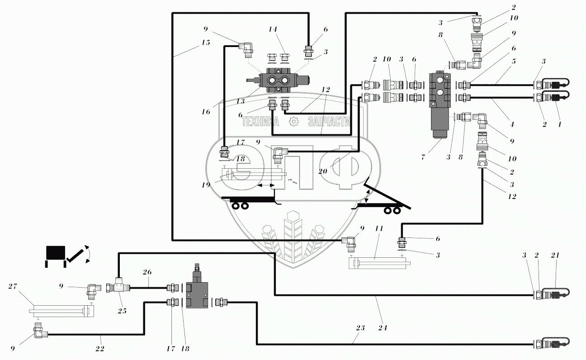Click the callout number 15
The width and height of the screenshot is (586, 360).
coord(206,43)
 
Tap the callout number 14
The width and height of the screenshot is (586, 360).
coord(273,29)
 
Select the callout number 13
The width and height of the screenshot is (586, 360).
coord(241,101)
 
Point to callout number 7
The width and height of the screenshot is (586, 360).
coord(423,157)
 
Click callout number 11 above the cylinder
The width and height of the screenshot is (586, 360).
coord(379,228)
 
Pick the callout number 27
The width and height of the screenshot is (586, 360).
coord(13,286)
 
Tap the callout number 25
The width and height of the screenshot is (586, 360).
coord(122,311)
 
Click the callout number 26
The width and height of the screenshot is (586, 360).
coord(147,272)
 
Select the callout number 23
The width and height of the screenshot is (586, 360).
coord(360,327)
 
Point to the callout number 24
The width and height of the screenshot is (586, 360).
coord(383,327)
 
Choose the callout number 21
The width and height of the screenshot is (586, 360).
coord(555,255)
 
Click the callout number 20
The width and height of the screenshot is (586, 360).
coord(322,171)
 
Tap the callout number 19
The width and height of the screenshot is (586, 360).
coord(206,185)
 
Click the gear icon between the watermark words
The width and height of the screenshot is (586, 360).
coord(294,121)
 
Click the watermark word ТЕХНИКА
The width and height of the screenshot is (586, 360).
coord(260,122)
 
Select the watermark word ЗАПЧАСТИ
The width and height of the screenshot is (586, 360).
coord(329,122)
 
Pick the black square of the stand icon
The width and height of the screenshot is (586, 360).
coord(56,253)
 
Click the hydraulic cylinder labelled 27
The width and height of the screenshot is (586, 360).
coord(62,311)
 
